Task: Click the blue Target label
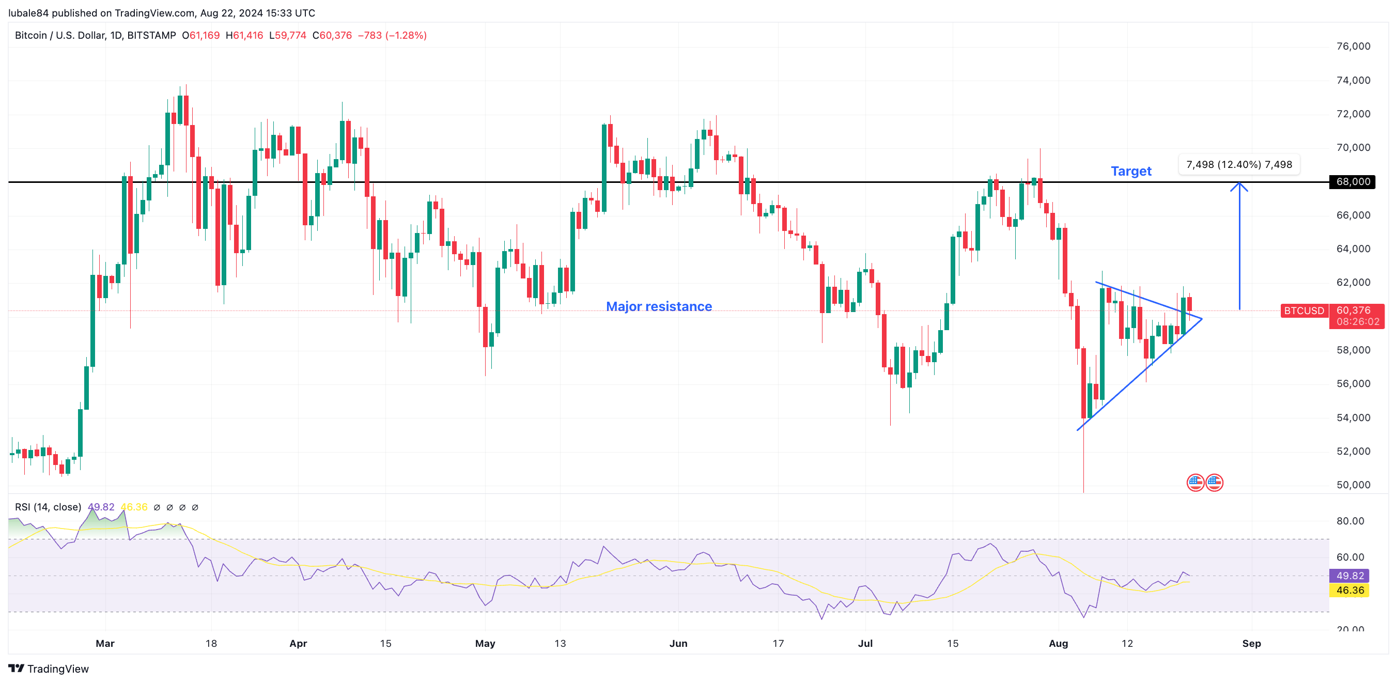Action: coord(1131,172)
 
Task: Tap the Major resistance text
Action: coord(658,306)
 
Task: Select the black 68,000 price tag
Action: coord(1352,182)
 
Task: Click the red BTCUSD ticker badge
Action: coord(1303,311)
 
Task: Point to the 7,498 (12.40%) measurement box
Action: coord(1238,164)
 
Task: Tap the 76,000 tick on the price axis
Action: coord(1353,46)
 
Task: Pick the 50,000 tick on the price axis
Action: coord(1353,485)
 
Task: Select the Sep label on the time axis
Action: coord(1251,643)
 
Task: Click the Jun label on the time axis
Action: coord(678,643)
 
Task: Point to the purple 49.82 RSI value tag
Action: coord(1349,576)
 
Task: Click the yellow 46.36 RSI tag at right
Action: coord(1349,590)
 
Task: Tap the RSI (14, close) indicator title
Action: coord(48,507)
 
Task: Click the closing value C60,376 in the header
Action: coord(332,35)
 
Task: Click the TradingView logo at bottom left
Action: coord(48,669)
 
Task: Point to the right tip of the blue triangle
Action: coord(1202,319)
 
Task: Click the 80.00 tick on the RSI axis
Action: coord(1350,521)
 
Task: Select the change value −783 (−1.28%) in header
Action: coord(392,35)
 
